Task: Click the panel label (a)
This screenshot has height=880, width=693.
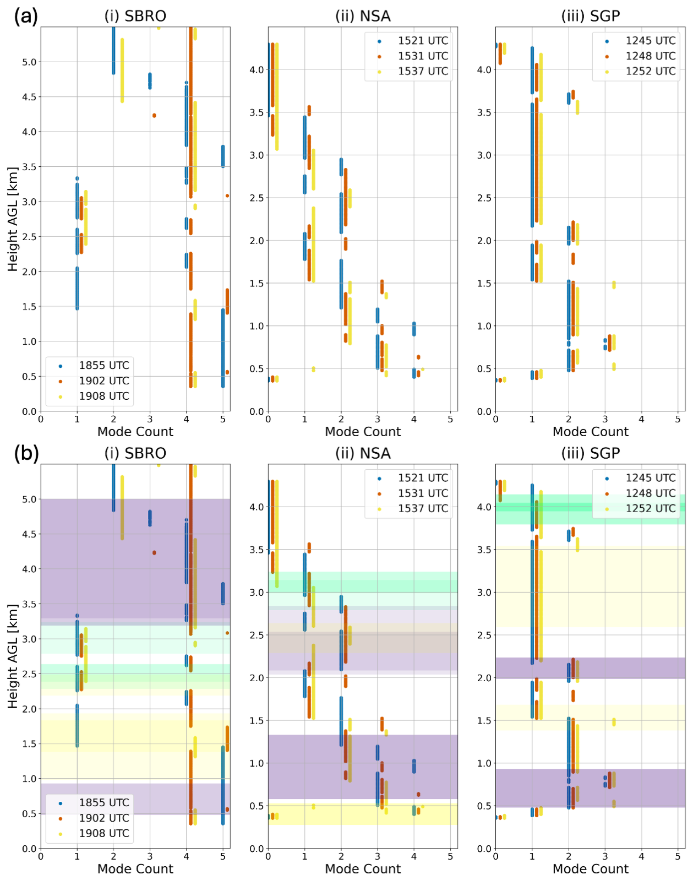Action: click(26, 17)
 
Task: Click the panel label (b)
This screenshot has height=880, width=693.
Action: click(26, 453)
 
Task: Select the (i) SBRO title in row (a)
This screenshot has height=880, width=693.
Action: click(135, 16)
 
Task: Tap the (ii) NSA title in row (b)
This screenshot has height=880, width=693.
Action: click(363, 453)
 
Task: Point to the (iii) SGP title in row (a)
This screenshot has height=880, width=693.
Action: click(591, 16)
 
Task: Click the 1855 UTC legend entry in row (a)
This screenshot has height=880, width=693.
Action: click(103, 366)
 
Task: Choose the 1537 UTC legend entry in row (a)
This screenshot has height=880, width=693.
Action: click(423, 71)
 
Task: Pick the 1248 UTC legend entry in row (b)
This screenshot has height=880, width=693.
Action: click(650, 493)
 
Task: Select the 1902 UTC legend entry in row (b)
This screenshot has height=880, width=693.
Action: click(103, 818)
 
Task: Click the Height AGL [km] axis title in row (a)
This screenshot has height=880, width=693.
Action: click(13, 219)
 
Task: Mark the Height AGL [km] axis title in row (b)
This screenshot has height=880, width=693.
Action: click(13, 656)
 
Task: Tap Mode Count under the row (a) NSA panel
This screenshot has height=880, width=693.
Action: click(363, 432)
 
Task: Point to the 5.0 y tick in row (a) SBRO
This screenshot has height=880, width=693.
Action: click(29, 62)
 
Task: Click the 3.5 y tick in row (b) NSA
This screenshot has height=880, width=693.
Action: click(257, 550)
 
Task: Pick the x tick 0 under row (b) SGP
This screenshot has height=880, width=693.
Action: click(495, 856)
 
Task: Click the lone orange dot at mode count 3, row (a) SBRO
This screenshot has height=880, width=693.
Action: click(154, 116)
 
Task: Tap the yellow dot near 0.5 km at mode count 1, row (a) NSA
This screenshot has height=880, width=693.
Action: click(313, 369)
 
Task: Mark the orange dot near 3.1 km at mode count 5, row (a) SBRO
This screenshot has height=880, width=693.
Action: click(227, 196)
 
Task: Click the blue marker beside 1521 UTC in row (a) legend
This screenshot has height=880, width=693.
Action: click(379, 41)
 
